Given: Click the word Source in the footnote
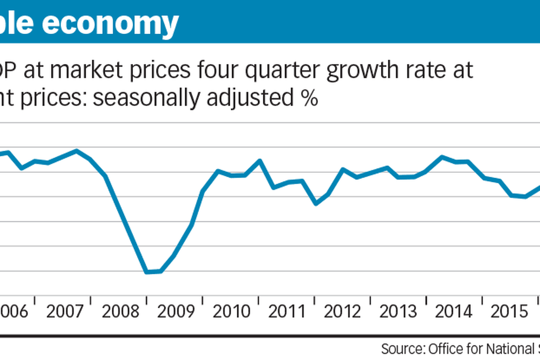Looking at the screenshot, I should pos(403,350).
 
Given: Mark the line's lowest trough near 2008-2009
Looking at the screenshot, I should pos(147,272).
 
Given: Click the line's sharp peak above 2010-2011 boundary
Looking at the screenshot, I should pos(260,161).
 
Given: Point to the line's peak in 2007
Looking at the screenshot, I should pos(77,151).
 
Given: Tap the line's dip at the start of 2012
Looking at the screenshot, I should pos(316,204).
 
